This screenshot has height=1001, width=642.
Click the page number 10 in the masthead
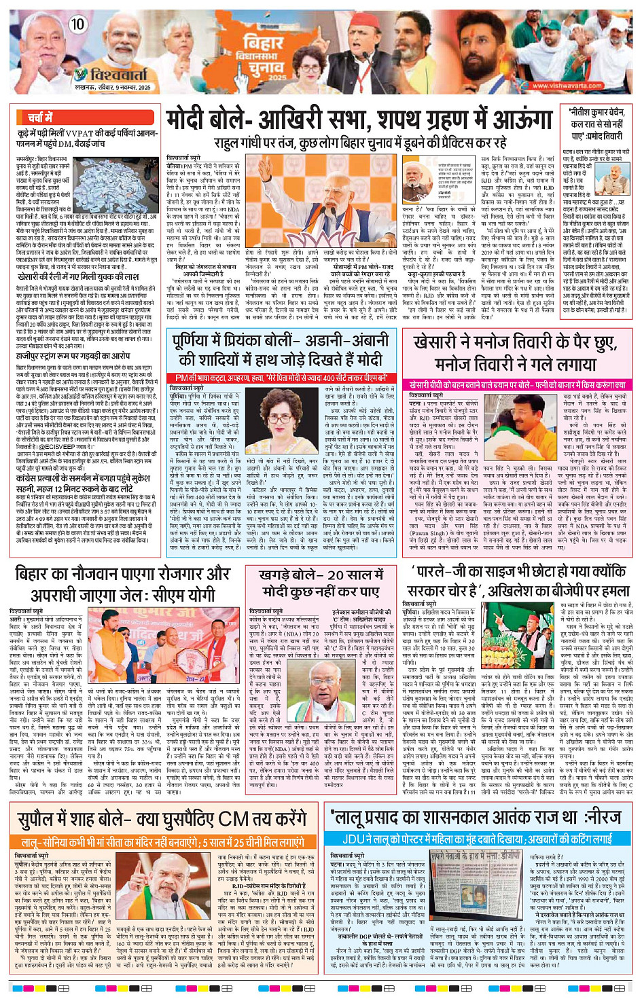click(x=76, y=24)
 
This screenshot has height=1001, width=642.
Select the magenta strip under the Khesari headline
click(x=520, y=384)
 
